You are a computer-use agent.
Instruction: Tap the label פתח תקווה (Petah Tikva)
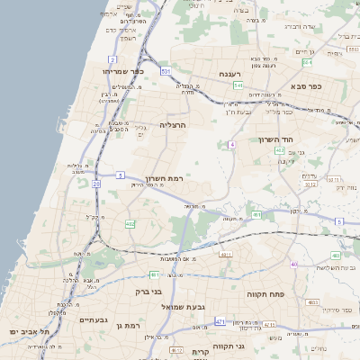click(265, 293)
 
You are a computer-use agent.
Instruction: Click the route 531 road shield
click(166, 70)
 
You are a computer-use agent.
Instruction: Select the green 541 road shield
click(238, 85)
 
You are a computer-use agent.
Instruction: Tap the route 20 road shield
click(96, 184)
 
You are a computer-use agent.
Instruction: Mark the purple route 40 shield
click(294, 264)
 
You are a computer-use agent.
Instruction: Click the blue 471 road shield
click(220, 319)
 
